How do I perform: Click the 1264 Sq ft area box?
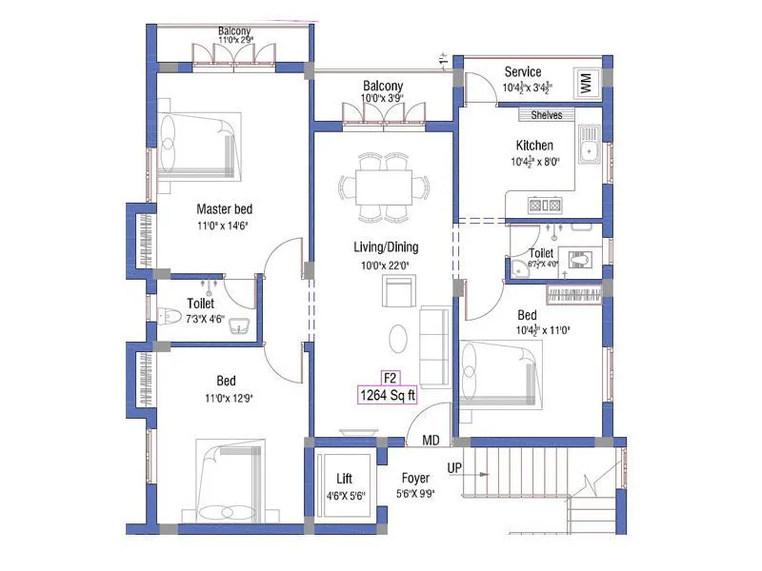pos(388,395)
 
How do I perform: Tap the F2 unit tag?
pos(389,377)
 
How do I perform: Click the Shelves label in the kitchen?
pos(547,115)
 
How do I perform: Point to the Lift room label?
pos(345,479)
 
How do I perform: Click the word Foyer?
pos(414,479)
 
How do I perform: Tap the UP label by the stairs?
pos(455,469)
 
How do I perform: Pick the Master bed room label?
pos(225,209)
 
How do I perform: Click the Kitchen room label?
pos(534,145)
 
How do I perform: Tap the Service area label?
pos(523,71)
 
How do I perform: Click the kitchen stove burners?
pos(544,205)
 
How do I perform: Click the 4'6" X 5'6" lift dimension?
pos(345,495)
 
